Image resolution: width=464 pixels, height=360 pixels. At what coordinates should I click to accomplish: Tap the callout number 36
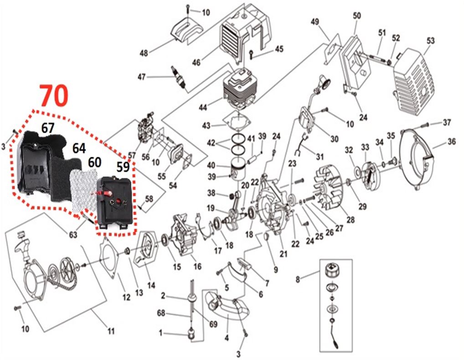tap(451, 142)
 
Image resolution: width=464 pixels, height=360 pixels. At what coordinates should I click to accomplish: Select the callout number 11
tap(111, 331)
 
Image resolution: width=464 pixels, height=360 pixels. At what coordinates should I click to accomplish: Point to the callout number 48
tap(144, 53)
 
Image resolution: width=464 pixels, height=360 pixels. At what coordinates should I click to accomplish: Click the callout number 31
tap(320, 157)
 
